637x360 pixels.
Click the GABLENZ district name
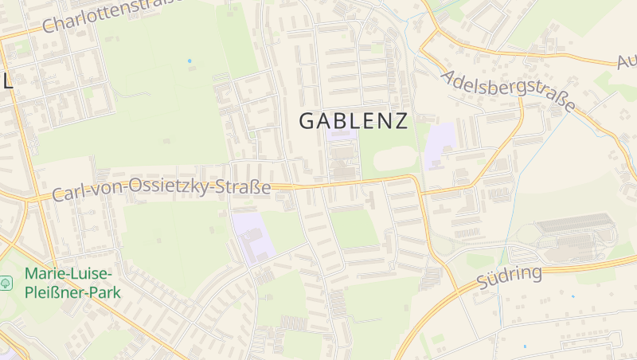tap(353, 121)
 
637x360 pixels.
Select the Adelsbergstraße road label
tap(507, 91)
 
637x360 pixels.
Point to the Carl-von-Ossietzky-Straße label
tap(162, 190)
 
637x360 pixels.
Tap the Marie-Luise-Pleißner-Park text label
tap(72, 283)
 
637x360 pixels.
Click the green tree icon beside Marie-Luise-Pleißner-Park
tap(6, 283)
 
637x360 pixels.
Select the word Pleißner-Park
tap(72, 292)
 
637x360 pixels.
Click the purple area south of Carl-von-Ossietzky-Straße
tap(253, 235)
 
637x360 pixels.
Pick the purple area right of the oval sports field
tap(440, 146)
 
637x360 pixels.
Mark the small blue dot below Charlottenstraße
tap(190, 61)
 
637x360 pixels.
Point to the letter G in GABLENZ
tap(307, 121)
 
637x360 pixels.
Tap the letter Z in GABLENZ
tap(400, 121)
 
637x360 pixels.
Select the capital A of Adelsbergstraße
tap(447, 76)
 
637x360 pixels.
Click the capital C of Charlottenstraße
tap(48, 27)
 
